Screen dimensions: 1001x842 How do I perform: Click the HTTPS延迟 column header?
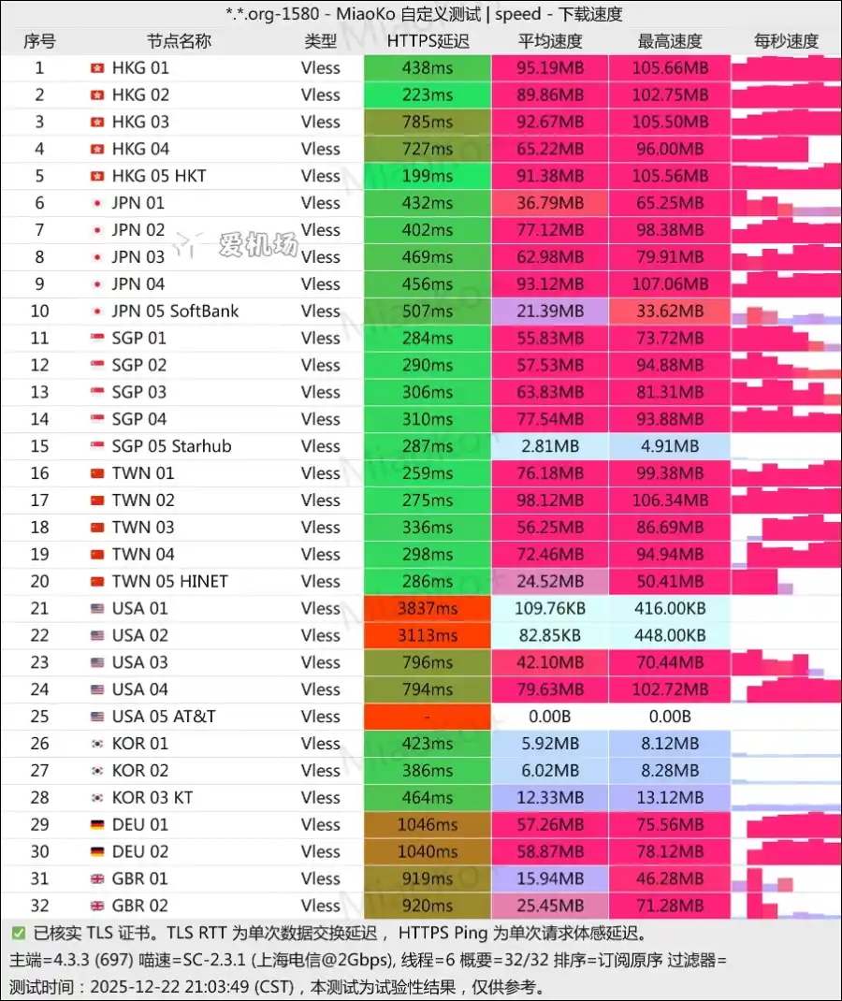(428, 41)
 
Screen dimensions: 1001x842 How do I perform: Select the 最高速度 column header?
(670, 41)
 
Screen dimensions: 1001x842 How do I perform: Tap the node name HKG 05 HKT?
(159, 176)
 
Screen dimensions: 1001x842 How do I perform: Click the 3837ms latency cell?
(428, 608)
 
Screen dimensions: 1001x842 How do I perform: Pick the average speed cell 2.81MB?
(550, 446)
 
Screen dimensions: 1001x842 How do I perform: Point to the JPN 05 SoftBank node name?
(175, 311)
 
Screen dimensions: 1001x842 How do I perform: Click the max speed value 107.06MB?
(670, 283)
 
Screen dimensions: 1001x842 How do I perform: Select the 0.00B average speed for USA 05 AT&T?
(550, 717)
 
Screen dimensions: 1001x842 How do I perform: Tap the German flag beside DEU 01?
(96, 824)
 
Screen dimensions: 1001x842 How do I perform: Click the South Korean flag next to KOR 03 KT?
(96, 797)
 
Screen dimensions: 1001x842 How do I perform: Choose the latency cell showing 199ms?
(428, 176)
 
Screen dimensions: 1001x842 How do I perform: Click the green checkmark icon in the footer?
(19, 933)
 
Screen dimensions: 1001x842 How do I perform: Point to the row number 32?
(39, 906)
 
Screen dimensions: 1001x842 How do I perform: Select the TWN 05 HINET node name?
(169, 581)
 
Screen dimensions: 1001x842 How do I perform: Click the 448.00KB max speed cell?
(670, 635)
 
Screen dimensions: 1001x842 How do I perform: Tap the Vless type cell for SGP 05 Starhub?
(321, 446)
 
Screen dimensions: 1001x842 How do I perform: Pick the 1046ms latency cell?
(428, 824)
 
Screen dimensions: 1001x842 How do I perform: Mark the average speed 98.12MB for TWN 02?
(550, 500)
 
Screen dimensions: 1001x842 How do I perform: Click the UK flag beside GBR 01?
(96, 878)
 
